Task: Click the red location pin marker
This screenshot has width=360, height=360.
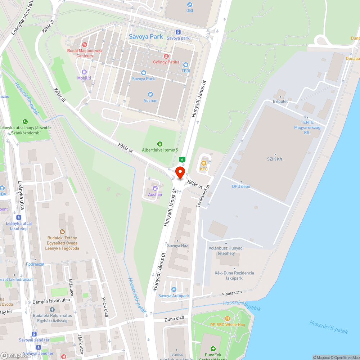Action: click(x=180, y=173)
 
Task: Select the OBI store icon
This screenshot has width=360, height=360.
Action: click(x=190, y=5)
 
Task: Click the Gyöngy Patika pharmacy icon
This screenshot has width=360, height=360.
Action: click(x=166, y=56)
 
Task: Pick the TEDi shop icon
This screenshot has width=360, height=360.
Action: click(x=186, y=65)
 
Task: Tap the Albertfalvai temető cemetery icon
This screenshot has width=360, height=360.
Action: click(x=160, y=144)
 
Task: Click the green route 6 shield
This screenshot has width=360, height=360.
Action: click(x=183, y=159)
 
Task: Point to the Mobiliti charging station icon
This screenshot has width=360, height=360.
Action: click(x=84, y=72)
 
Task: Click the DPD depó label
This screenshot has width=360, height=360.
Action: click(x=241, y=186)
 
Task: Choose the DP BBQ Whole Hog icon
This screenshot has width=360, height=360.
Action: click(x=228, y=319)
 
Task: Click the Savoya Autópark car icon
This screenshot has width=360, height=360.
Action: click(x=174, y=290)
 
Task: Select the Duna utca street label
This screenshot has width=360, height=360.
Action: click(x=174, y=318)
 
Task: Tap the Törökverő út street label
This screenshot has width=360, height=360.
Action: click(x=208, y=196)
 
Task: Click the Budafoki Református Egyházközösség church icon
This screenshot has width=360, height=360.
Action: click(x=52, y=310)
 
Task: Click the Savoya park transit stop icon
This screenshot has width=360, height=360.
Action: click(x=178, y=32)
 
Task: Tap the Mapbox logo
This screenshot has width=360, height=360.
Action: click(x=15, y=355)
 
